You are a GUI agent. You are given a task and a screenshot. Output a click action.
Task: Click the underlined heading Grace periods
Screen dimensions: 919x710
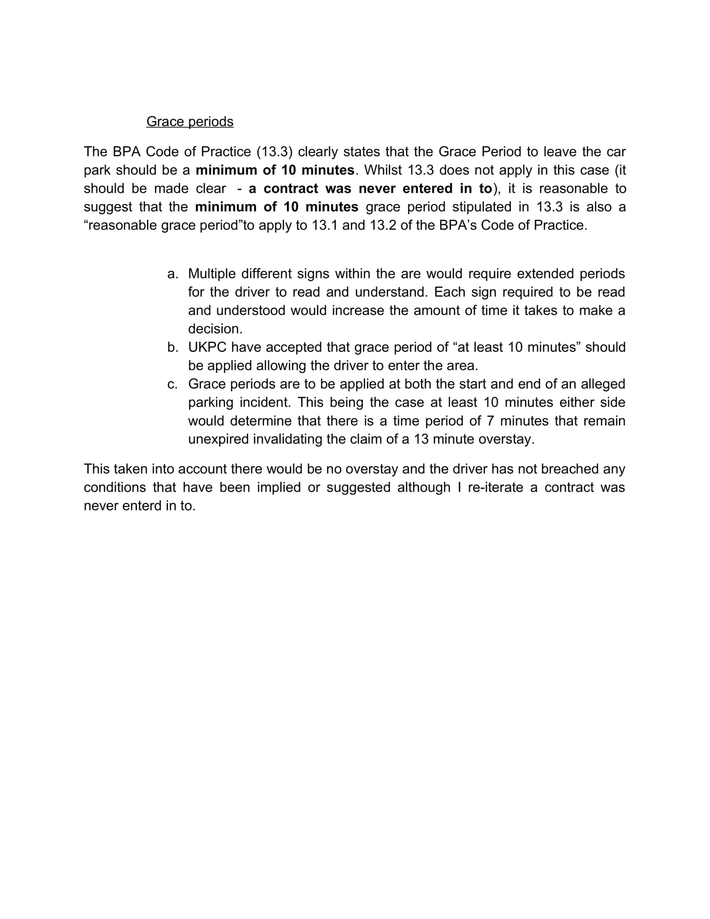[x=189, y=122]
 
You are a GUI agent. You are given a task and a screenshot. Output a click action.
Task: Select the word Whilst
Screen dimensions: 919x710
[x=383, y=170]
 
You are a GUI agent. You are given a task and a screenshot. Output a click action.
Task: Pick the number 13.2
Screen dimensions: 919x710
[x=383, y=225]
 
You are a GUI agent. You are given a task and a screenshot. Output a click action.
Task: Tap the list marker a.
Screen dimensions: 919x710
[x=173, y=274]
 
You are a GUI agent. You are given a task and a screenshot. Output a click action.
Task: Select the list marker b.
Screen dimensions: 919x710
[x=173, y=348]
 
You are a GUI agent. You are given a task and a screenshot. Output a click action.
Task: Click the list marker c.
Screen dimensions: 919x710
[x=173, y=384]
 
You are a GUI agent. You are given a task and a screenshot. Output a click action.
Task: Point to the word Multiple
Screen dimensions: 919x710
[x=212, y=274]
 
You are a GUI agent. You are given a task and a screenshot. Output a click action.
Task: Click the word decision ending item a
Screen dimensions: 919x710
[x=215, y=329]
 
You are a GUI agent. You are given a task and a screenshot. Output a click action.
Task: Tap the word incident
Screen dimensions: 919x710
[x=265, y=403]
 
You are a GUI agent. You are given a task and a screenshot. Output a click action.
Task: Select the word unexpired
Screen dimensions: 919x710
[x=218, y=439]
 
